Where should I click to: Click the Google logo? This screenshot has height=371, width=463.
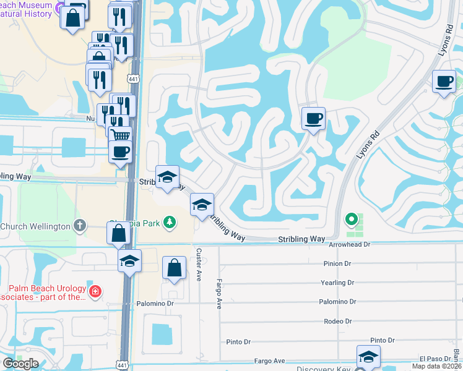(20, 364)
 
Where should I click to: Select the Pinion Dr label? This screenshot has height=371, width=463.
(338, 263)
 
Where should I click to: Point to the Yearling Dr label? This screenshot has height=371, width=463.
(338, 283)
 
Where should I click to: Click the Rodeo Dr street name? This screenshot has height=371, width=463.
(338, 322)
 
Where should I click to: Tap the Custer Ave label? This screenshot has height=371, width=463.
(199, 265)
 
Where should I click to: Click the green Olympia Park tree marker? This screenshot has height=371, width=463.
(168, 221)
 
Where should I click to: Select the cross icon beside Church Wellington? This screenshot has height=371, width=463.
(80, 226)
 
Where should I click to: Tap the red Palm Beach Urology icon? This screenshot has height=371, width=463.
(95, 291)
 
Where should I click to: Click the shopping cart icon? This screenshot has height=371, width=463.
(121, 135)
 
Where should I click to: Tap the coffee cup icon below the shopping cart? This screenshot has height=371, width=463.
(121, 151)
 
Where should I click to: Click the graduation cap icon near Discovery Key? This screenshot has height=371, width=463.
(368, 357)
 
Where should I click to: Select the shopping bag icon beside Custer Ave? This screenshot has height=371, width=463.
(175, 268)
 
